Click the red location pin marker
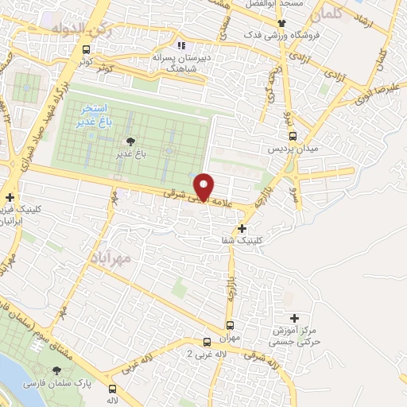205,187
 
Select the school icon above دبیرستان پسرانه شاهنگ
181,46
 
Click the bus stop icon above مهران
231,325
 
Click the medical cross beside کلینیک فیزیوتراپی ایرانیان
10,198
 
